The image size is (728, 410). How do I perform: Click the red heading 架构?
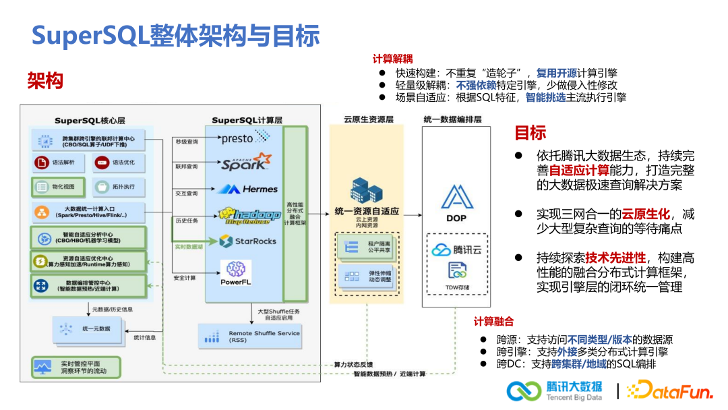pyautogui.click(x=45, y=82)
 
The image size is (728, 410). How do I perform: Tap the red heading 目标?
pyautogui.click(x=530, y=132)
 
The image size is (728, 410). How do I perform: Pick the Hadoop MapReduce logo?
pyautogui.click(x=249, y=214)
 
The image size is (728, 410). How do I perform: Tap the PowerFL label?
pyautogui.click(x=236, y=281)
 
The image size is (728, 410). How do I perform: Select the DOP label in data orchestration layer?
pyautogui.click(x=456, y=218)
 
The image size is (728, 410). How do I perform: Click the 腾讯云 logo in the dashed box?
pyautogui.click(x=456, y=250)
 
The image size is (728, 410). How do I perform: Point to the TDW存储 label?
pyautogui.click(x=457, y=287)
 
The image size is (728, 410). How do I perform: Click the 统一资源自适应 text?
pyautogui.click(x=367, y=210)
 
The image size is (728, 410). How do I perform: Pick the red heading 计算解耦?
pyautogui.click(x=392, y=59)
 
